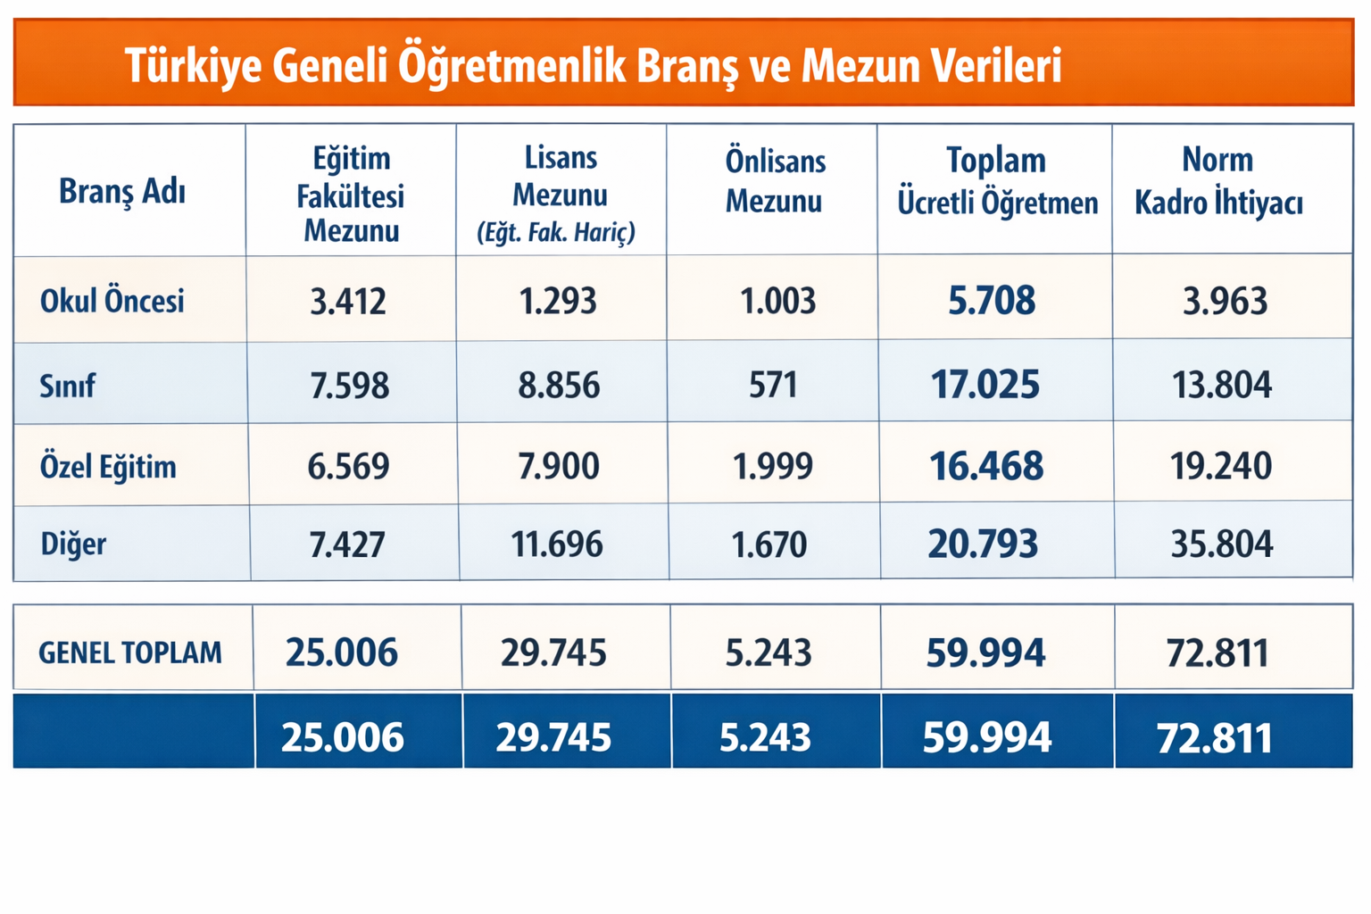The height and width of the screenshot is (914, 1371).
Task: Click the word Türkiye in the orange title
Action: pos(193,66)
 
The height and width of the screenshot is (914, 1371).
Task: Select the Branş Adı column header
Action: pos(121,192)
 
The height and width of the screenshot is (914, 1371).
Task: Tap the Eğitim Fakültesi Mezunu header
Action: pos(351,195)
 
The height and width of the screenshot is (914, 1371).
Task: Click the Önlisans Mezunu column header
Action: pos(775,181)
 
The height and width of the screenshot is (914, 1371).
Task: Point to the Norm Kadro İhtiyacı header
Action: pos(1218,181)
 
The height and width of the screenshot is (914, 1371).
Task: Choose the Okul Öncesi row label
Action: pos(112,301)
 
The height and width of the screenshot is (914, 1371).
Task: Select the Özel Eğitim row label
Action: pos(108,467)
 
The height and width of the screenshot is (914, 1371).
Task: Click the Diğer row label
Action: pos(73,544)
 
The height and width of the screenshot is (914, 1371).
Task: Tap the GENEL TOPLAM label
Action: pos(130,652)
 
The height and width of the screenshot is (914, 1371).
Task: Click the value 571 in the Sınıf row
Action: pos(773,385)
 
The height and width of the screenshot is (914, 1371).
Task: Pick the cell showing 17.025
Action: pos(985,385)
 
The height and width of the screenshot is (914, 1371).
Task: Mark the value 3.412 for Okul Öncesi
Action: pos(347,301)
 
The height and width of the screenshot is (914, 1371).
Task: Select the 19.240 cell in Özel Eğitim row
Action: pos(1221,466)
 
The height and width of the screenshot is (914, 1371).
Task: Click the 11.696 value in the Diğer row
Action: pos(557,544)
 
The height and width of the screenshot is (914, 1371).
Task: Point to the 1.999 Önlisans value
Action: pos(773,467)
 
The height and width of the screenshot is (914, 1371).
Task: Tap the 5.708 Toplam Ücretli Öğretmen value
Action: pos(992,300)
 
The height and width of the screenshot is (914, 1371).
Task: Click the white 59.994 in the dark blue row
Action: pos(986,736)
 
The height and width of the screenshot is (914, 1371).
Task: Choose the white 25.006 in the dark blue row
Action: pos(343,736)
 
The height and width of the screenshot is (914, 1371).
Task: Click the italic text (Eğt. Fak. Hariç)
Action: pos(556,233)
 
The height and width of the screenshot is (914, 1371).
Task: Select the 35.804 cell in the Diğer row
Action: pos(1222,544)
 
